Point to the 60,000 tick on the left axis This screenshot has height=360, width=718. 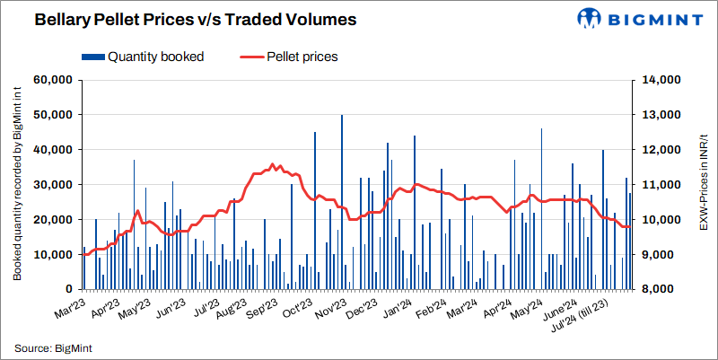click(x=52, y=80)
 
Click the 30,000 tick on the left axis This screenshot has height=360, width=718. click(x=52, y=185)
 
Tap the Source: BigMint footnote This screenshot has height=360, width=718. click(x=54, y=347)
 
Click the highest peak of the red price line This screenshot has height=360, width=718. click(x=272, y=164)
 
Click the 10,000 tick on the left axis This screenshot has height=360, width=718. click(x=52, y=255)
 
